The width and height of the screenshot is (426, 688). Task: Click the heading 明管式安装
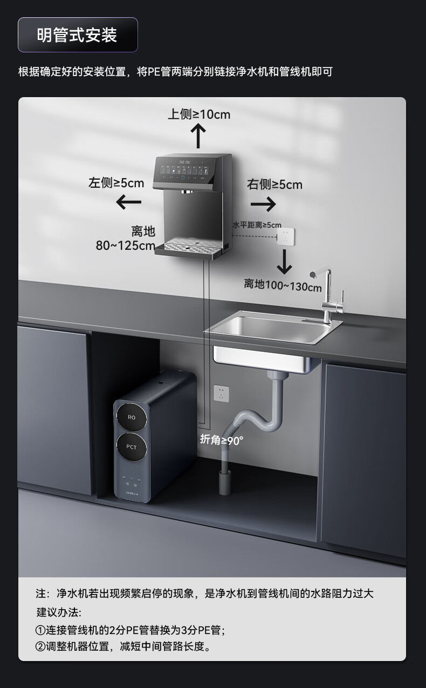[x=77, y=36]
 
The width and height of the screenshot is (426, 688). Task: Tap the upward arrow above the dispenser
[x=199, y=135]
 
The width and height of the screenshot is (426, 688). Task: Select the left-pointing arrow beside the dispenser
[x=129, y=202]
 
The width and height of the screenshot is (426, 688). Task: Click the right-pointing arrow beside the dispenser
[x=263, y=204]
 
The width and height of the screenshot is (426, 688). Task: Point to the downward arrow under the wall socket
[x=284, y=262]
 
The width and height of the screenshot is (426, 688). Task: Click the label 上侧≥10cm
[x=199, y=114]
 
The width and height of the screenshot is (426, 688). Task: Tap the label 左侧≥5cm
[x=116, y=183]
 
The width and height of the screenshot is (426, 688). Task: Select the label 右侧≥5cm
[x=274, y=185]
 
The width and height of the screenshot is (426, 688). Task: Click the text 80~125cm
[x=126, y=246]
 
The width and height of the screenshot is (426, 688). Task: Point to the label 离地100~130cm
[x=283, y=285]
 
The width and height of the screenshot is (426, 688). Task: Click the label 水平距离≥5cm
[x=257, y=224]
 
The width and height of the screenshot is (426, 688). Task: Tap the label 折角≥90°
[x=222, y=440]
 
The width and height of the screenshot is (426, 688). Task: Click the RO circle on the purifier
[x=132, y=418]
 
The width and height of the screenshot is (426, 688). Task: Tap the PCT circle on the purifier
[x=132, y=447]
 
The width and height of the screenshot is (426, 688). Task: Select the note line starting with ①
[x=129, y=630]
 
